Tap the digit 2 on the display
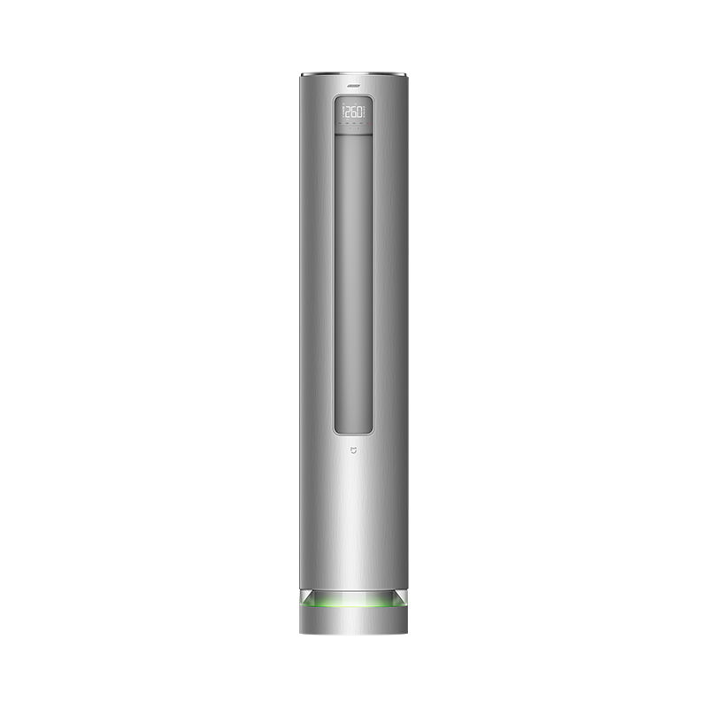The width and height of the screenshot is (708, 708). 349,112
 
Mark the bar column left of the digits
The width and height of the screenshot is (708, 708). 342,112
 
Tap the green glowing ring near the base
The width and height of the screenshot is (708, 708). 353,604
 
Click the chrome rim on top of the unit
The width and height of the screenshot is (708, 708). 353,74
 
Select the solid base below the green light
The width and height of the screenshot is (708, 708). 353,621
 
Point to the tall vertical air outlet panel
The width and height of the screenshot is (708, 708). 353,283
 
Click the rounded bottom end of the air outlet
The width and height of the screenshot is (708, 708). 353,430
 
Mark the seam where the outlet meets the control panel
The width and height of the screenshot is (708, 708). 353,135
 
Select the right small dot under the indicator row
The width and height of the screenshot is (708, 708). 359,129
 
